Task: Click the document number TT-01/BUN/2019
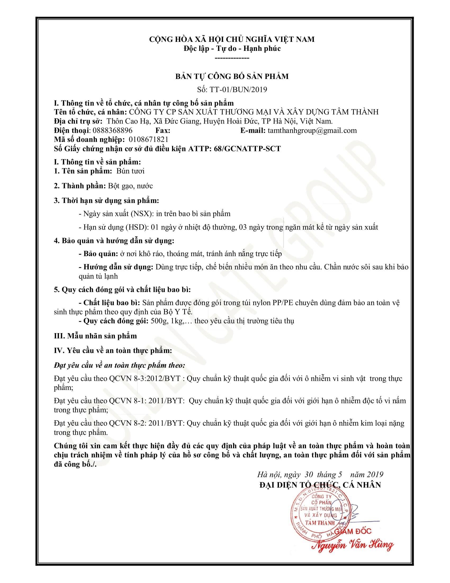(x=238, y=89)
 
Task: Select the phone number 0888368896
(x=112, y=131)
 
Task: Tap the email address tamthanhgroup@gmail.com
(x=312, y=131)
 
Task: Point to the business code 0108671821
(x=148, y=140)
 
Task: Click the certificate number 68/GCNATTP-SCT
(x=247, y=149)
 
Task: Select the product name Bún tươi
(x=130, y=171)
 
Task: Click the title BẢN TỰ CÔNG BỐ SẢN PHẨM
(x=232, y=77)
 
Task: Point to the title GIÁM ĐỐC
(x=353, y=531)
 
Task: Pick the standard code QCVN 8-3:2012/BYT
(x=145, y=378)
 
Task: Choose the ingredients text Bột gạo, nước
(x=130, y=186)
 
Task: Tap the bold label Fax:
(x=163, y=131)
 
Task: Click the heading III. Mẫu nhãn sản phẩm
(x=95, y=336)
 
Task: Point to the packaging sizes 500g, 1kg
(x=166, y=321)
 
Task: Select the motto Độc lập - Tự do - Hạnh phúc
(x=232, y=48)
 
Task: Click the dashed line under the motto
(x=232, y=58)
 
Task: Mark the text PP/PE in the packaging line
(x=283, y=303)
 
